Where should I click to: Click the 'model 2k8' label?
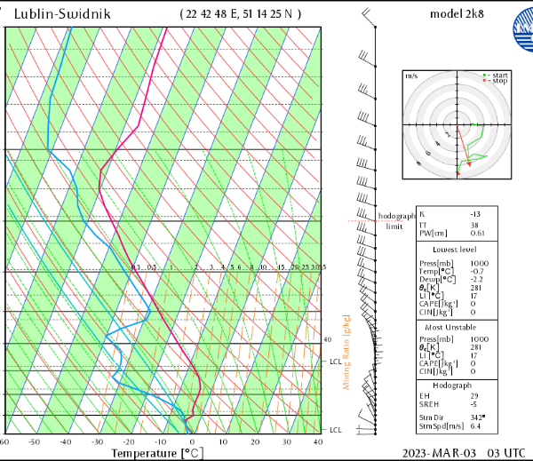[457, 15]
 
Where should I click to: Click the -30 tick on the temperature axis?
[97, 441]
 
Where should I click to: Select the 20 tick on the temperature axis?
[254, 441]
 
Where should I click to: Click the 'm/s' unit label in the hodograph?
[411, 76]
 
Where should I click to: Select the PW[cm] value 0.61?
[478, 233]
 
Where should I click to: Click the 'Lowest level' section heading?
[451, 249]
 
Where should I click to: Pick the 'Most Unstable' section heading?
[451, 327]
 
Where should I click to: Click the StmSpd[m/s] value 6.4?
[477, 426]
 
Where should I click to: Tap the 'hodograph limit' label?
[395, 221]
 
